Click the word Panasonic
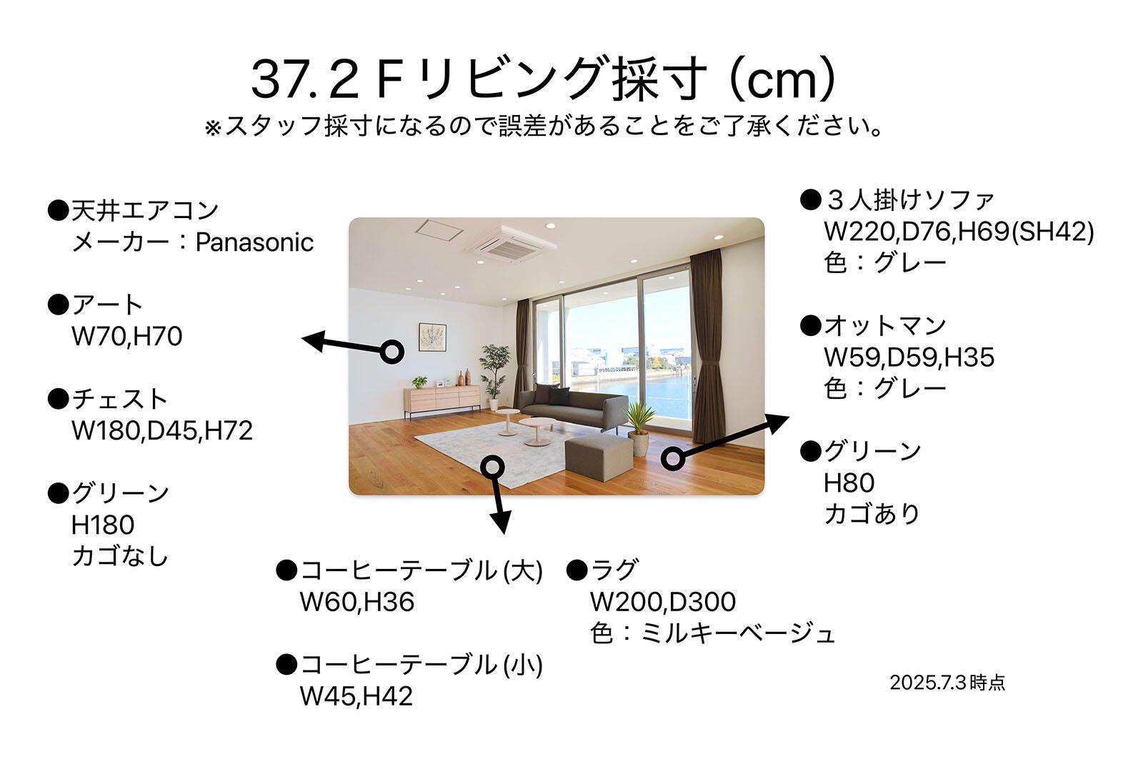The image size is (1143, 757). coord(254,242)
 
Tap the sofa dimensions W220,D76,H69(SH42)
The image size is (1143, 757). coord(959,232)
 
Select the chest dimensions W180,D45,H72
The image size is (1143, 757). coord(161,431)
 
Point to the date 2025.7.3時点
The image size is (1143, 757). coord(947,683)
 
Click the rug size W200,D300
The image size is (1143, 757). coord(663,603)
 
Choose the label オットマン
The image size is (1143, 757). coord(885,326)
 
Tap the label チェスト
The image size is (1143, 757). coord(119,399)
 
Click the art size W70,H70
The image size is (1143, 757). coord(126,337)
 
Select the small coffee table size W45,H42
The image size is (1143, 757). coord(356,696)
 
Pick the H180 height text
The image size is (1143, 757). coord(103,525)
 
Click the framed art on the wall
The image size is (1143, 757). coord(432,337)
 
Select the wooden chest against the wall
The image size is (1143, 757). coord(442,399)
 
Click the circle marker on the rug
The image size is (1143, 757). coord(492,466)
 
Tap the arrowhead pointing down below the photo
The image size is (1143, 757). coord(501,520)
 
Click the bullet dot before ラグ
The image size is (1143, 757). coord(577,570)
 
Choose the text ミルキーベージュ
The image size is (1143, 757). coord(737,634)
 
